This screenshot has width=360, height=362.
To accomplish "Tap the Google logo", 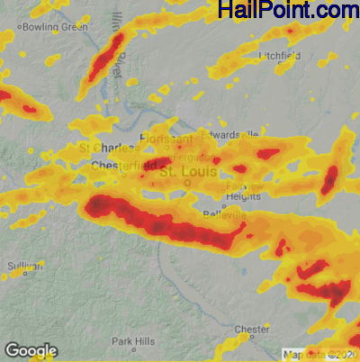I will pos(31,350).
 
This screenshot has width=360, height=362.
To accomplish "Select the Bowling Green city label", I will pos(55,27).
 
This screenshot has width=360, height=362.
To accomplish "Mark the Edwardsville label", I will pos(229,133).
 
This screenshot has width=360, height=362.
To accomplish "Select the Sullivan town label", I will pos(24,267).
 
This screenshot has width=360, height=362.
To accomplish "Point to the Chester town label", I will pos(251,330).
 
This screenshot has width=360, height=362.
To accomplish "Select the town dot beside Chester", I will pos(266,335).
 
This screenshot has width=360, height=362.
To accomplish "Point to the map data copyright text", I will pos(320,355).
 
